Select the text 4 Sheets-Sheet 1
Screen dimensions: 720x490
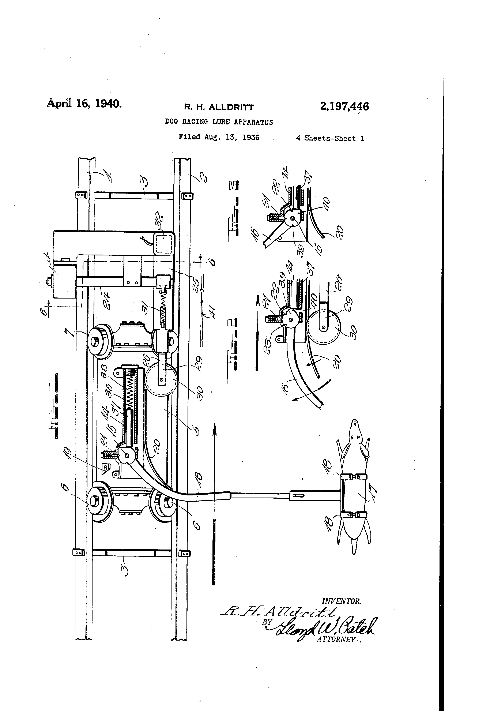tap(330, 138)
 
